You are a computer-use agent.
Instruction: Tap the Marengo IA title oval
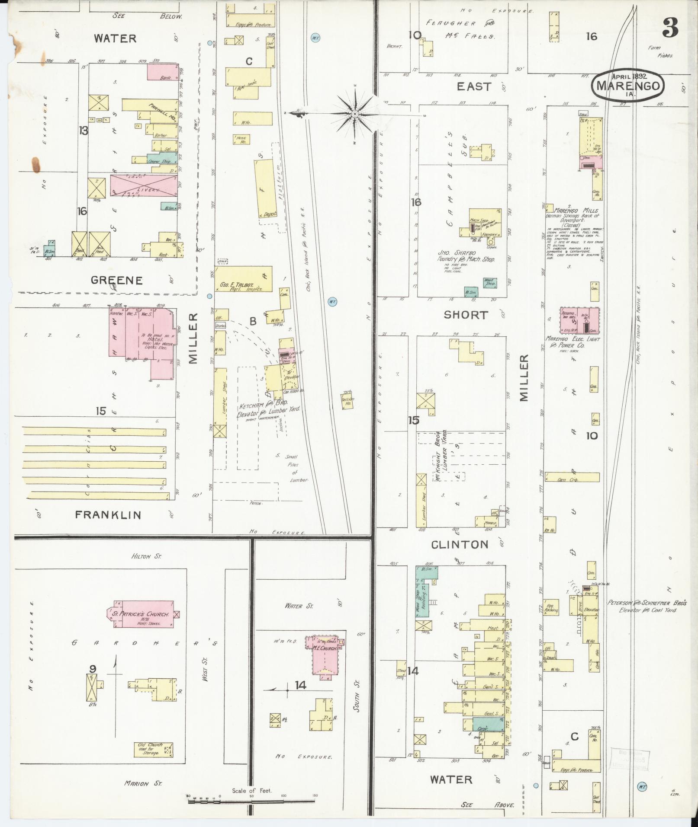[x=629, y=86]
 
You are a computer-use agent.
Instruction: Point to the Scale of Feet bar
[x=251, y=800]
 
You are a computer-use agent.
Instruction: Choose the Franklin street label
[x=108, y=515]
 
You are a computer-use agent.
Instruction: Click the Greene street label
[x=117, y=281]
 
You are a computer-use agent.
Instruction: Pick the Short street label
[x=466, y=315]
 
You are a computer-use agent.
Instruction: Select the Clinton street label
[x=460, y=545]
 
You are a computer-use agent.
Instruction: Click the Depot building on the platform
[x=266, y=189]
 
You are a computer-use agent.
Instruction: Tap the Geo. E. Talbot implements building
[x=244, y=279]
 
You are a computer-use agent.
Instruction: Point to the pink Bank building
[x=163, y=72]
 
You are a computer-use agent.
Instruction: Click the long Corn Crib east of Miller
[x=572, y=477]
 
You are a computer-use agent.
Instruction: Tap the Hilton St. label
[x=146, y=557]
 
